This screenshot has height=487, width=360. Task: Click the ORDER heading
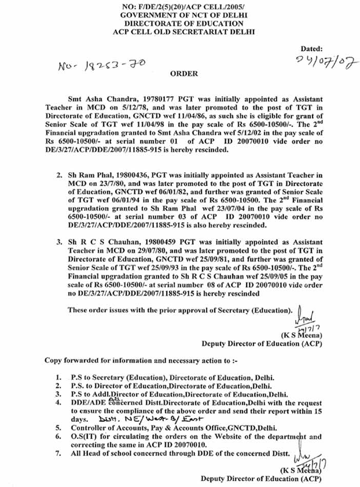184,74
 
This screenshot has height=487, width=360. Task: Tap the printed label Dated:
311,49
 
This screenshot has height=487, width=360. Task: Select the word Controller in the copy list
88,428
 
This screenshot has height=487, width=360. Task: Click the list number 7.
59,453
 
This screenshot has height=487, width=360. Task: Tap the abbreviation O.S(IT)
83,437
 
